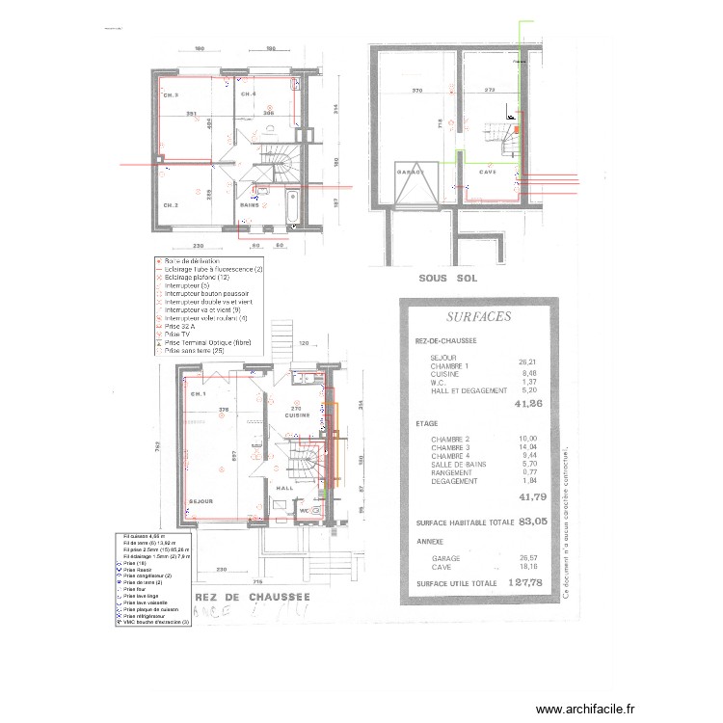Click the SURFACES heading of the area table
tap(479, 316)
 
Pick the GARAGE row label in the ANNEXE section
tap(444, 558)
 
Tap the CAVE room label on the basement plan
tap(488, 173)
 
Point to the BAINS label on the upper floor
tap(248, 205)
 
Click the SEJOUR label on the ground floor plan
tap(201, 501)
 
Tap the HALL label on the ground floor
tap(285, 488)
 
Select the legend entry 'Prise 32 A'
tap(182, 327)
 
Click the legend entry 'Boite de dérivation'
tap(192, 261)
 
